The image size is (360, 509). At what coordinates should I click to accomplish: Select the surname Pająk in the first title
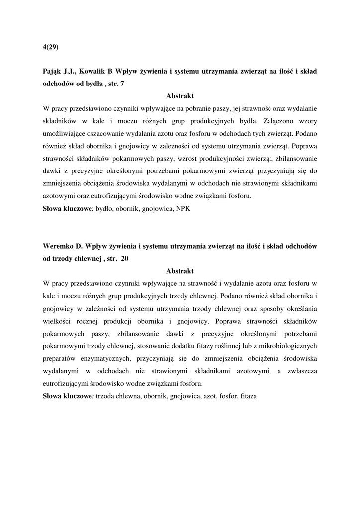53,71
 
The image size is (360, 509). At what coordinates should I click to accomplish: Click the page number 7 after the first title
122,84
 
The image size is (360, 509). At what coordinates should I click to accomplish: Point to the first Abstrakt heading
180,96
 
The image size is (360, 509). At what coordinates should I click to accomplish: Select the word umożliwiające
64,133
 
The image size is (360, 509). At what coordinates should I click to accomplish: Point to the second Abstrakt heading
180,271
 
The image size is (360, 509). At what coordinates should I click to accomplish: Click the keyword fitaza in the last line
248,396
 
